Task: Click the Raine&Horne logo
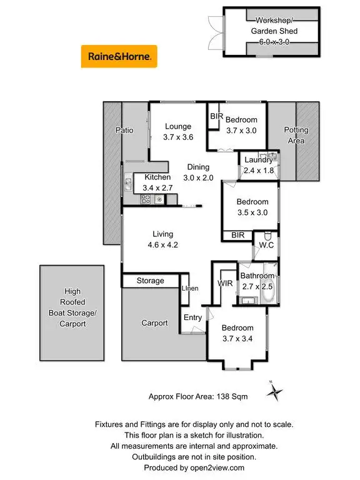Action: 119,56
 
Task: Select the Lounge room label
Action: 177,127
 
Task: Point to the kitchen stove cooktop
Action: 145,199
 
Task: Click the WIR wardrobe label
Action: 225,284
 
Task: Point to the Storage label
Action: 151,281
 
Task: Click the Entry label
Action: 192,317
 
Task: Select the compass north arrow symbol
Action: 274,392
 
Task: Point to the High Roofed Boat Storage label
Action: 72,307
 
